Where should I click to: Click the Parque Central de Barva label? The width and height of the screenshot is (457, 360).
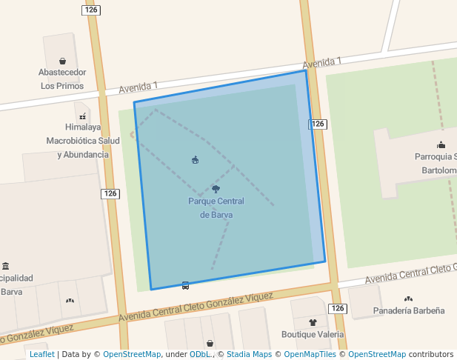216,208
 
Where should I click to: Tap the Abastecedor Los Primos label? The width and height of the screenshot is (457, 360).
63,79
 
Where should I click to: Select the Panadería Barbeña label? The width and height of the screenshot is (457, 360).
409,310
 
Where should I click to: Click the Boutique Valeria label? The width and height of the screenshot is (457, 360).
313,334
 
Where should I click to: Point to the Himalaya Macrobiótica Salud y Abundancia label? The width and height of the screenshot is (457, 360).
83,141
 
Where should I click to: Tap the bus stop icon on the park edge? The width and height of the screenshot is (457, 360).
185,285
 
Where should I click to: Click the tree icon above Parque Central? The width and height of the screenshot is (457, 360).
216,189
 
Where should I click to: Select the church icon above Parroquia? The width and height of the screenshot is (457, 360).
441,144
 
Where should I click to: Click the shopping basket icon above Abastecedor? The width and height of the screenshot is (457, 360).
63,61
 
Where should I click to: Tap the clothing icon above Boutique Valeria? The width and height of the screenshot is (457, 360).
313,322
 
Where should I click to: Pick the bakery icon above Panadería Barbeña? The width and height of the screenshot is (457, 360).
408,299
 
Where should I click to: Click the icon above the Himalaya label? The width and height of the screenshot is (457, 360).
82,116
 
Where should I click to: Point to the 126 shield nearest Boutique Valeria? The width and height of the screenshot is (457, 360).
337,308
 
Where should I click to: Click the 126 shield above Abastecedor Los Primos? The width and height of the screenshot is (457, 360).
91,10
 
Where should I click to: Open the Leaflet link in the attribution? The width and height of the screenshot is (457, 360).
41,354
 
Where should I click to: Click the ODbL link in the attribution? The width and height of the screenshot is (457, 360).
199,354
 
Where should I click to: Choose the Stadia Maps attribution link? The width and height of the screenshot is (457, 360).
249,354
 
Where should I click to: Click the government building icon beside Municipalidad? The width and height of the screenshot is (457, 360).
6,266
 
